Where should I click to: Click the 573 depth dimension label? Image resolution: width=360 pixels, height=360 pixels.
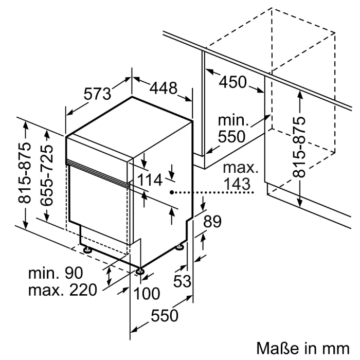click(x=97, y=94)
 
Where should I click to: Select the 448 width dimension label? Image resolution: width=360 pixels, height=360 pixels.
click(x=164, y=88)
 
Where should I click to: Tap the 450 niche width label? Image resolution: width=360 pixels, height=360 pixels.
click(x=232, y=82)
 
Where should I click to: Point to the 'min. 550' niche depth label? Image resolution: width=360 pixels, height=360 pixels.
click(x=233, y=129)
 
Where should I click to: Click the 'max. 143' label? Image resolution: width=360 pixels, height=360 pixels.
click(x=240, y=176)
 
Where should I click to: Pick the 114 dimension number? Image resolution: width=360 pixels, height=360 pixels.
click(x=150, y=180)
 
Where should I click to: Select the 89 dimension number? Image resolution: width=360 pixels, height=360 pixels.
click(x=212, y=221)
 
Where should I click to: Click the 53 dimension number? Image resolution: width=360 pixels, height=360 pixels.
click(x=182, y=281)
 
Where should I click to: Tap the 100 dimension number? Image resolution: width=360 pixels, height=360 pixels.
click(x=146, y=294)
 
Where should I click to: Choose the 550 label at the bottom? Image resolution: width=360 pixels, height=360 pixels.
click(x=165, y=315)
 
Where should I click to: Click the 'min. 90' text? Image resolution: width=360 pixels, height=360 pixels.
click(x=56, y=273)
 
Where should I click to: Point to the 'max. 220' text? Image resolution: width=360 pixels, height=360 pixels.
click(x=62, y=290)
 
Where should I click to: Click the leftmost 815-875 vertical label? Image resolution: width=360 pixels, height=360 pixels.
click(x=24, y=173)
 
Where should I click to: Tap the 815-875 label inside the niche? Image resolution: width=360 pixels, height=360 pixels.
click(x=299, y=147)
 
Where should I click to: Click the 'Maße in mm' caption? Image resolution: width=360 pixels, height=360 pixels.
click(x=303, y=348)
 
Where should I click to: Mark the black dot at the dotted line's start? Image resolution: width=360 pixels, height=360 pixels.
click(x=172, y=192)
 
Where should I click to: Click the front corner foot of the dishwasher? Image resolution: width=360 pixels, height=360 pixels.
click(x=139, y=272)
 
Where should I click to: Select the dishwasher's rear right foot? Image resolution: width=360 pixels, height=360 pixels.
click(x=179, y=247)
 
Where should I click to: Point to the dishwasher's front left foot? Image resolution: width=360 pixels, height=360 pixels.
click(x=87, y=250)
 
